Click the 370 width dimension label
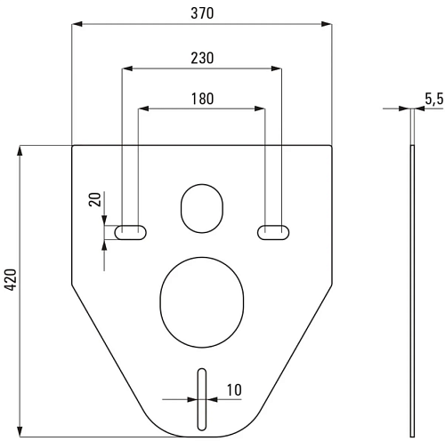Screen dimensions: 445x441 (202, 13)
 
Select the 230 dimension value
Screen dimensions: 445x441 (202, 58)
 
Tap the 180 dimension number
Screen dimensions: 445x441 (202, 99)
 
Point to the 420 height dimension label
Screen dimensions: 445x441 (12, 279)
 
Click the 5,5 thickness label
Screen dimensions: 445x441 (434, 99)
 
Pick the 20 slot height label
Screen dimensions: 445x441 (95, 199)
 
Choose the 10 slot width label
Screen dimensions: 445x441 (234, 390)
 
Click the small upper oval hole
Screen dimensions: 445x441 (202, 208)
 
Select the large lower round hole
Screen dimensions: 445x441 (202, 302)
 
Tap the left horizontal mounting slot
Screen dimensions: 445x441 (131, 232)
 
